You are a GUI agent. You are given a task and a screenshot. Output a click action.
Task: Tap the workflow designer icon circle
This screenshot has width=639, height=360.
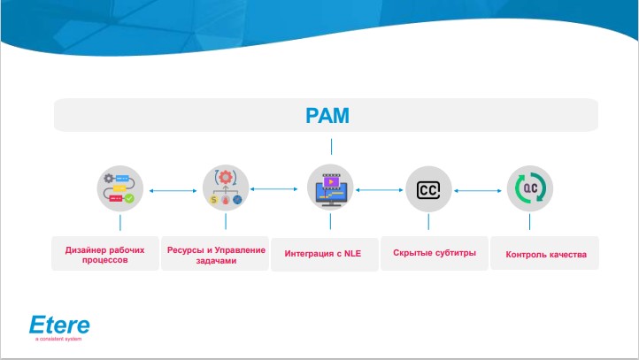tap(120, 188)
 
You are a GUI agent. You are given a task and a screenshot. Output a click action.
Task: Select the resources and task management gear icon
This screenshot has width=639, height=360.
tap(225, 188)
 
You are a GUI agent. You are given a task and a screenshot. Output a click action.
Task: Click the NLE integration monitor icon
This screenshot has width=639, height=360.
tap(330, 188)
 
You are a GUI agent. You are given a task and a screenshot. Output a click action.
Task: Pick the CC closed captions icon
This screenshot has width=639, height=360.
tap(429, 188)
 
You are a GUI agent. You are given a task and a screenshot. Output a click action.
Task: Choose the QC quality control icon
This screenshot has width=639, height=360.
tap(529, 188)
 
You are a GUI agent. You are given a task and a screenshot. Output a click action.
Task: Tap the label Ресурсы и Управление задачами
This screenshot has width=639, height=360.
tap(216, 254)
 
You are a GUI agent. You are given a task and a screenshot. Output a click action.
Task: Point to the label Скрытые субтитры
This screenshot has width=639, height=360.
tap(435, 254)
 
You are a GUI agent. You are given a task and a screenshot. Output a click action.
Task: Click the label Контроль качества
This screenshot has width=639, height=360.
tap(544, 255)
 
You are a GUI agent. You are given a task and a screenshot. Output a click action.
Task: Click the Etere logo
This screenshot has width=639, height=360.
tap(59, 324)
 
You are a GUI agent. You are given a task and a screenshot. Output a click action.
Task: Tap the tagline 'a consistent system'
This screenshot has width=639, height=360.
tap(59, 340)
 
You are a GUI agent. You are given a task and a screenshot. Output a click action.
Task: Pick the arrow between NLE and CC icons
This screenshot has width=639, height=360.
tap(380, 188)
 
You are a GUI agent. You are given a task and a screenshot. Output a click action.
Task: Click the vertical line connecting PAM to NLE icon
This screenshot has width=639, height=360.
tap(330, 147)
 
